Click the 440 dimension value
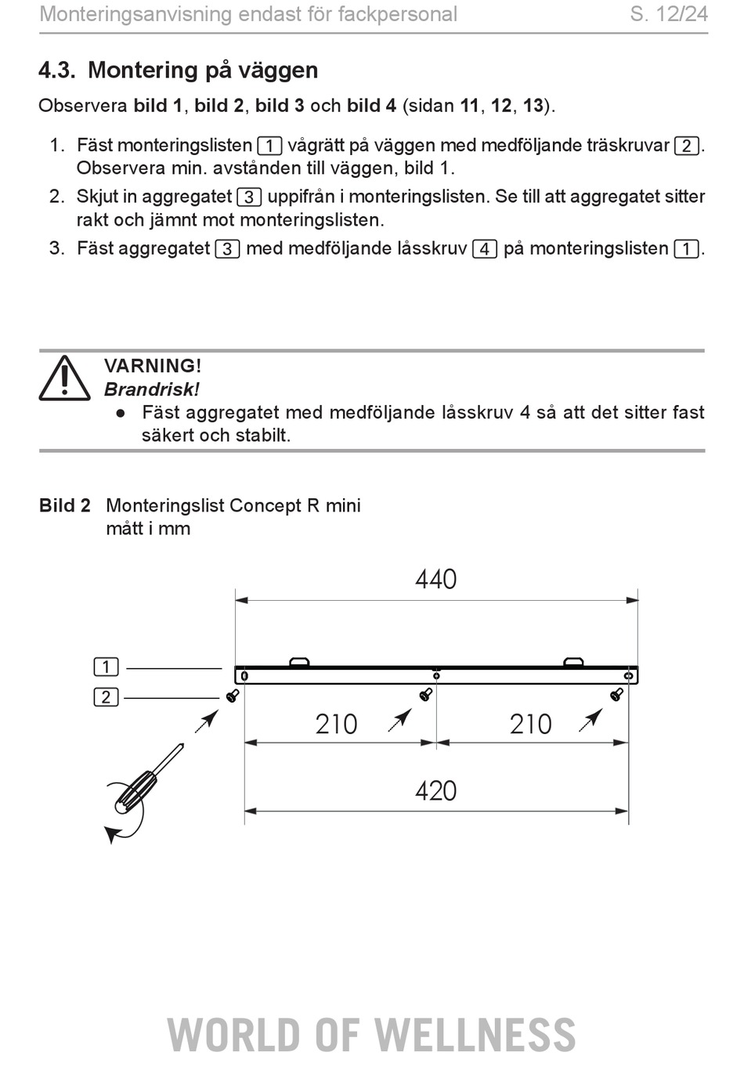435,579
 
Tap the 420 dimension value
435,791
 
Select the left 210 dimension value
336,725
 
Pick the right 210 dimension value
531,725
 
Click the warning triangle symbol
64,378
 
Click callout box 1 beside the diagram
107,667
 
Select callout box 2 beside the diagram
107,697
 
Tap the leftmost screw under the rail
233,696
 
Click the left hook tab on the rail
299,661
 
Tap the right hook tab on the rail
574,661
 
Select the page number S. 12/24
669,14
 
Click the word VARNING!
153,366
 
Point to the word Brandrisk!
152,389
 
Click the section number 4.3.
57,70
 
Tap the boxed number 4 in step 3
485,249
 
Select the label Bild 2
65,505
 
